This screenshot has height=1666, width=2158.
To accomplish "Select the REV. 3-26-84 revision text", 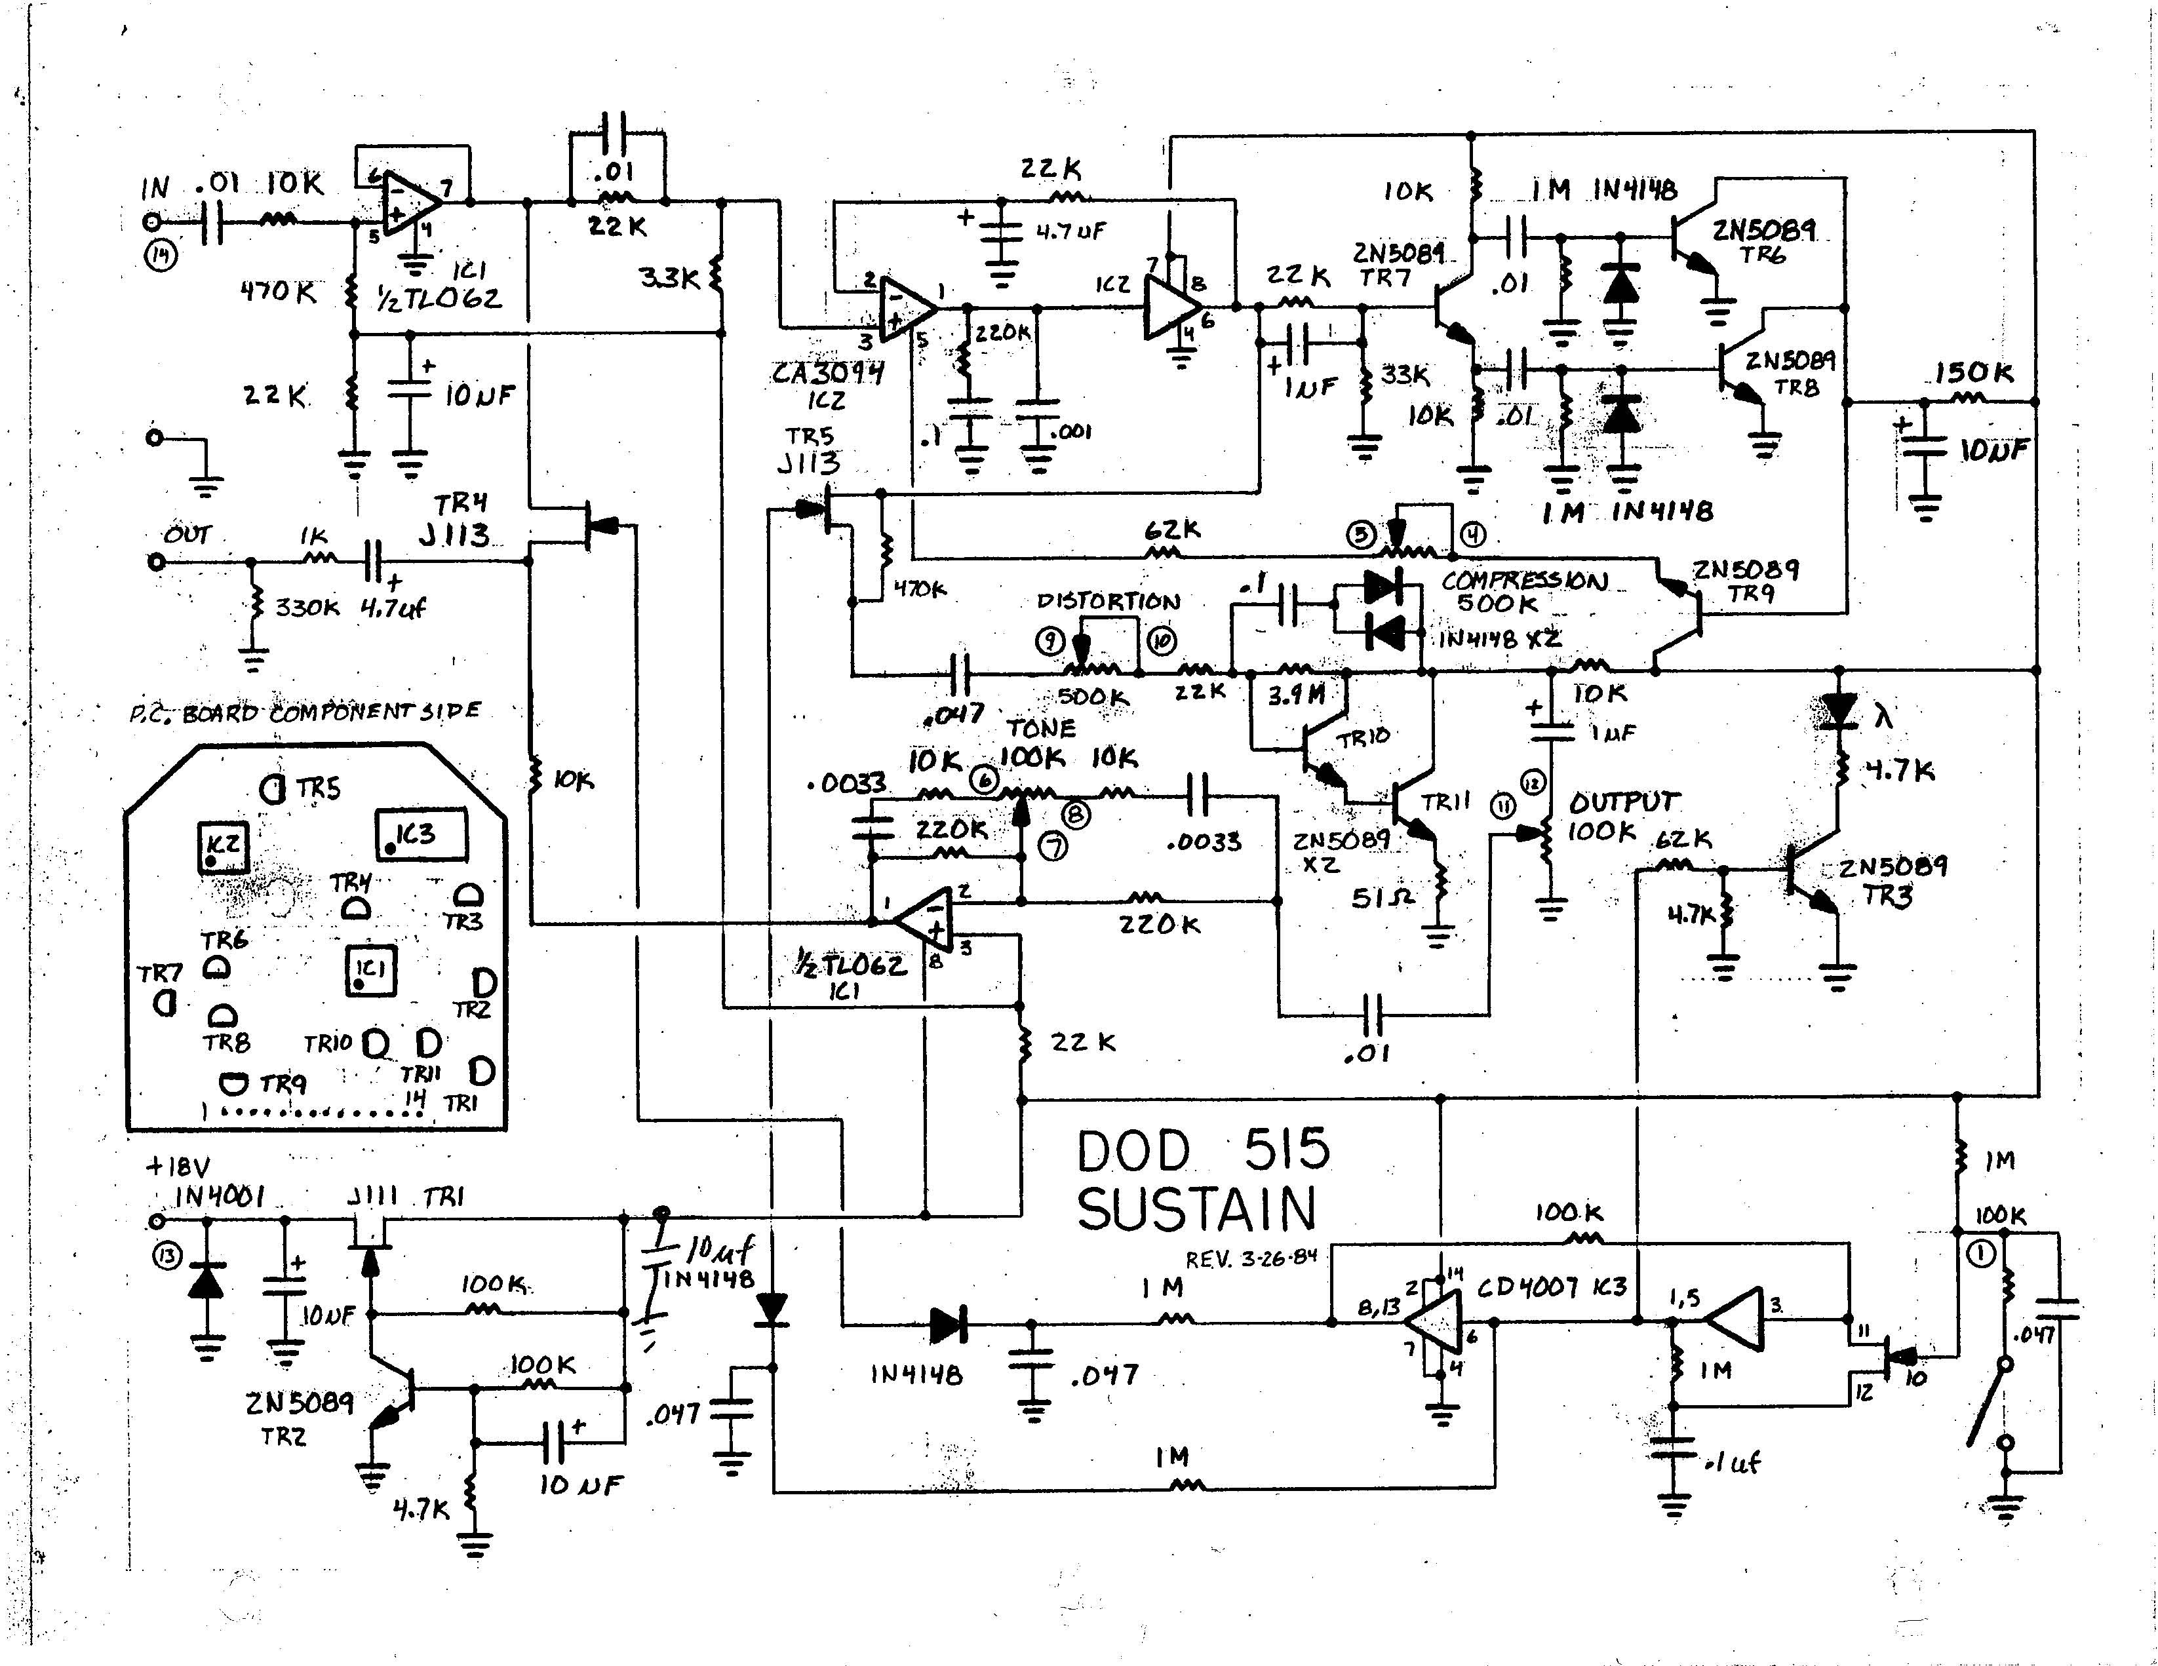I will pos(1251,1260).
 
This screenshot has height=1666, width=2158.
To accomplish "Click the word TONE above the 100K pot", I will pos(1040,728).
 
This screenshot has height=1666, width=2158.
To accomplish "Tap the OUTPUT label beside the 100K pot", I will pos(1624,802).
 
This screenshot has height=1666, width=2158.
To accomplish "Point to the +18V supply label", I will pos(178,1166).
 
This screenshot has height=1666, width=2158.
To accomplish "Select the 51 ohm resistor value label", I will pos(1381,897).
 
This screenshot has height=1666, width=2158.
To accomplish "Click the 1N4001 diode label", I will pos(220,1197).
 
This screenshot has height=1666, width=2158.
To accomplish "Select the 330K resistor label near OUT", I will pos(306,607).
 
